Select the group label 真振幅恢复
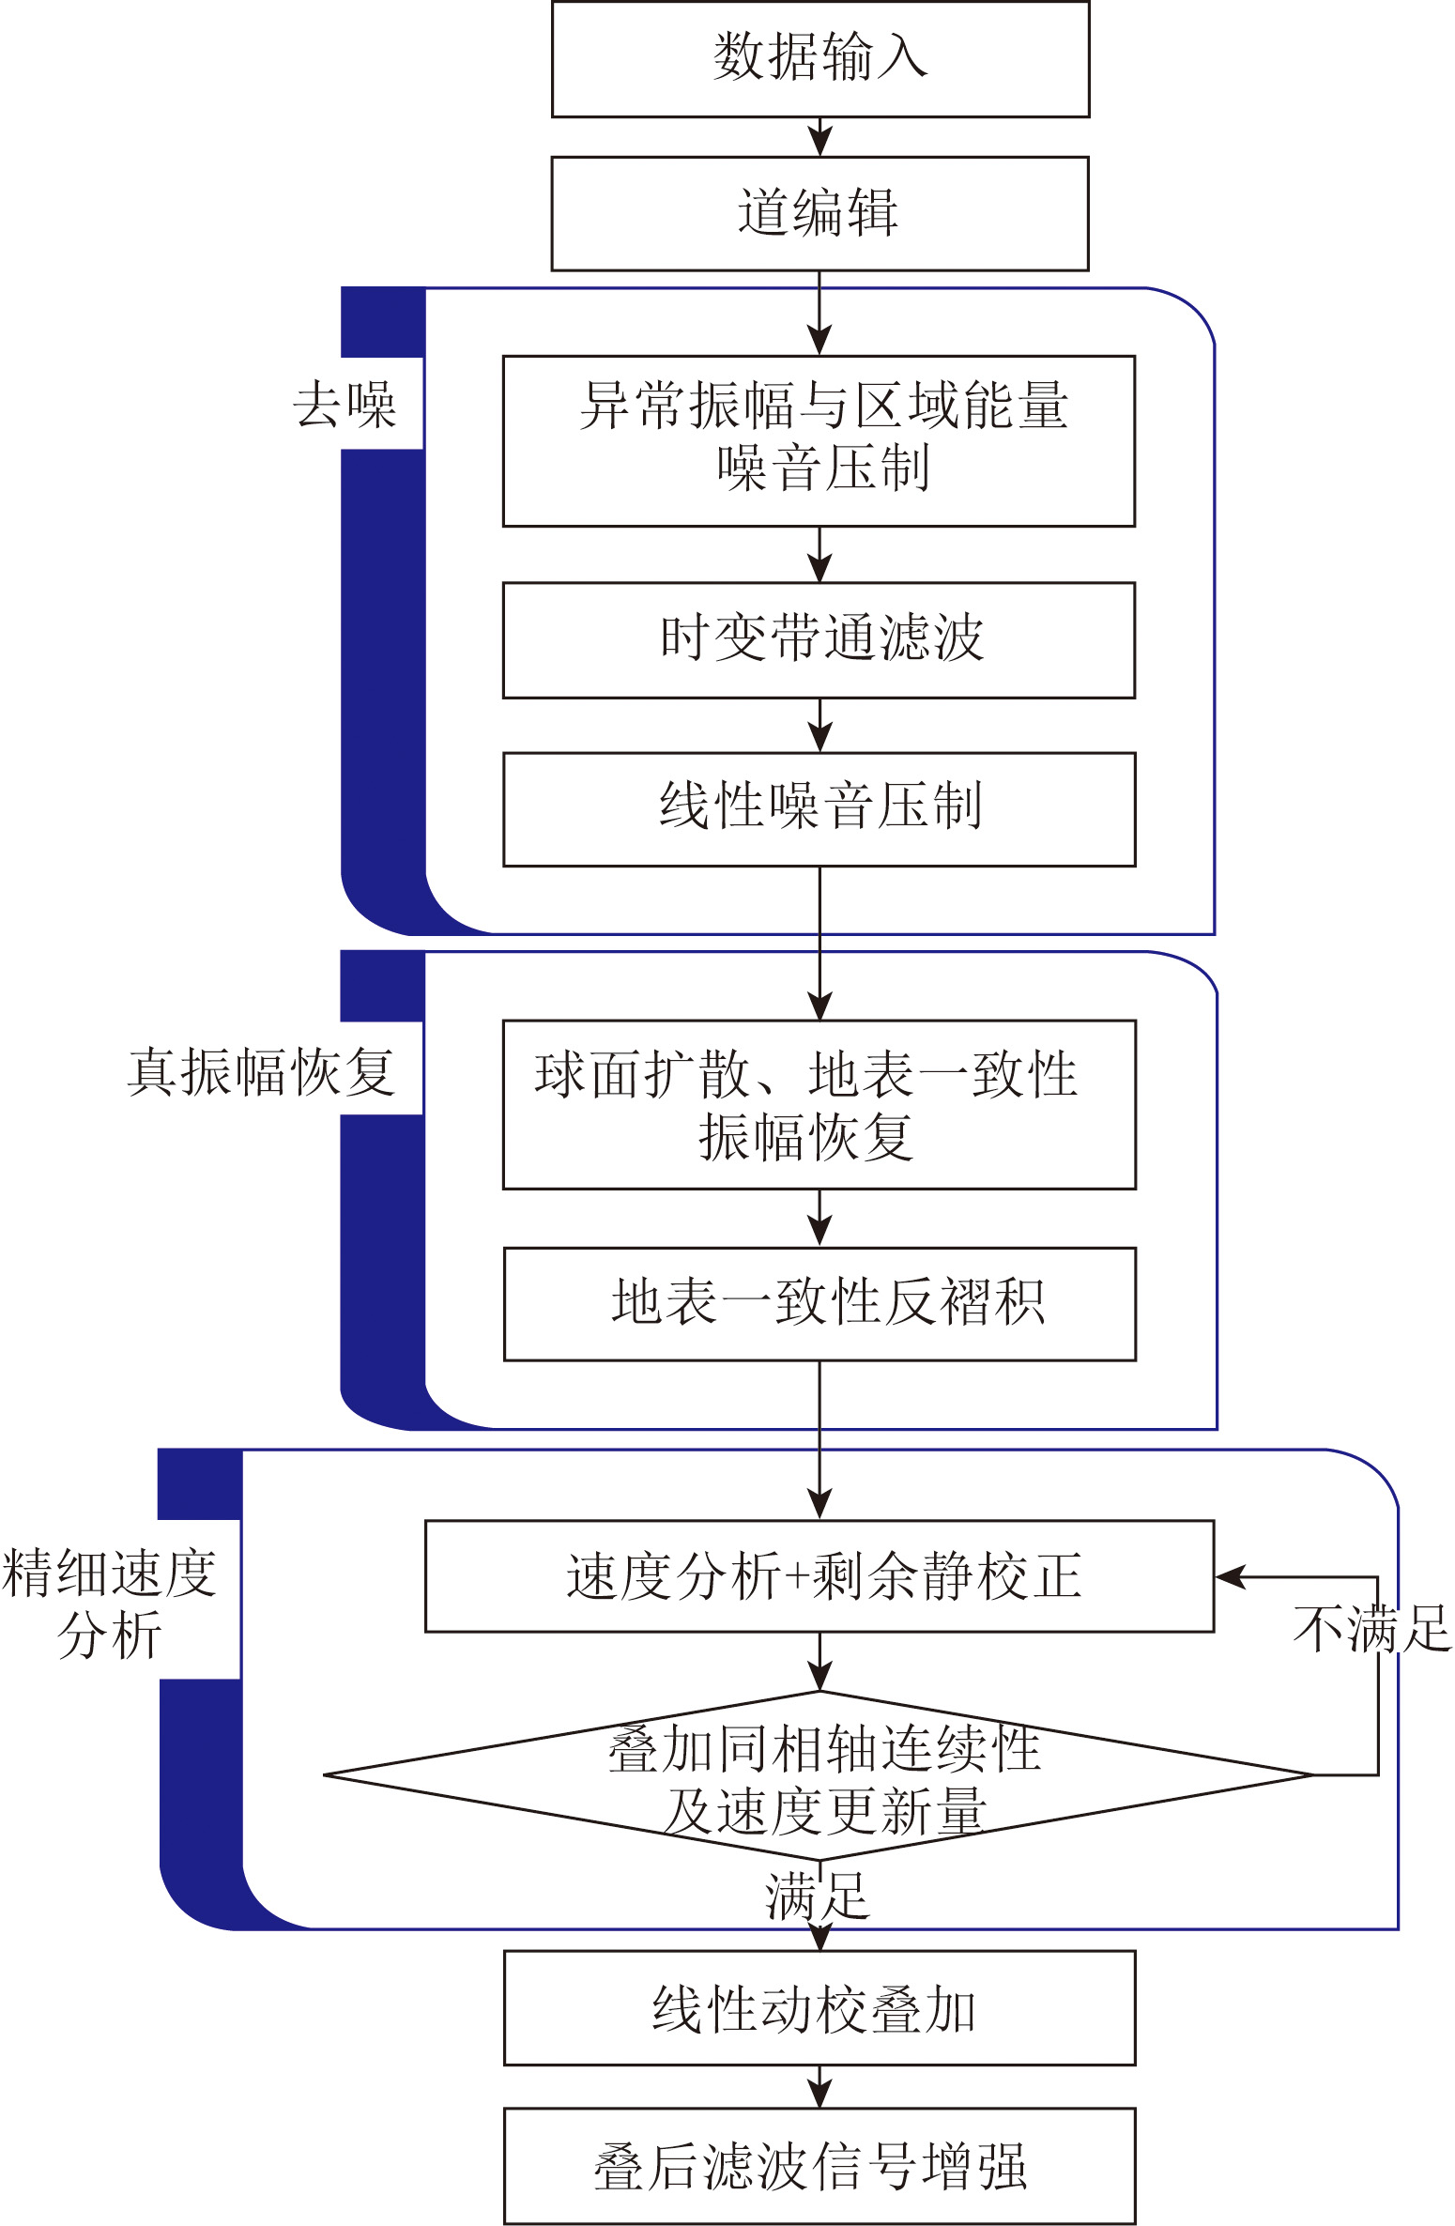(x=261, y=1071)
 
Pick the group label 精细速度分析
(x=110, y=1604)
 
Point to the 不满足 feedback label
(x=1372, y=1628)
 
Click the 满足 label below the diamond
(x=817, y=1896)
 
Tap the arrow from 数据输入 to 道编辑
(x=820, y=137)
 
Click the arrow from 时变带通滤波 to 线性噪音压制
(x=820, y=726)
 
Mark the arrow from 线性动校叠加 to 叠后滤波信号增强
(x=820, y=2087)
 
